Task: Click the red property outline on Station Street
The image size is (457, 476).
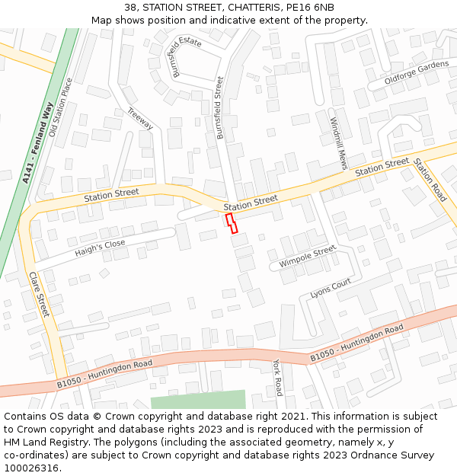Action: (232, 223)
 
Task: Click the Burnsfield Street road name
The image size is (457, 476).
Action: (220, 107)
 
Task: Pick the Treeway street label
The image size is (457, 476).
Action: (140, 119)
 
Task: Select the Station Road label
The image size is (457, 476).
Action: (430, 180)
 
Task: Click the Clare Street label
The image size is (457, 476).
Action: (39, 294)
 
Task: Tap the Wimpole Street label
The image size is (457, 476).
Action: (307, 256)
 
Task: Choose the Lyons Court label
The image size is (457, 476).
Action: (331, 288)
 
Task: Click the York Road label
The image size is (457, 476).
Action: (278, 378)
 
